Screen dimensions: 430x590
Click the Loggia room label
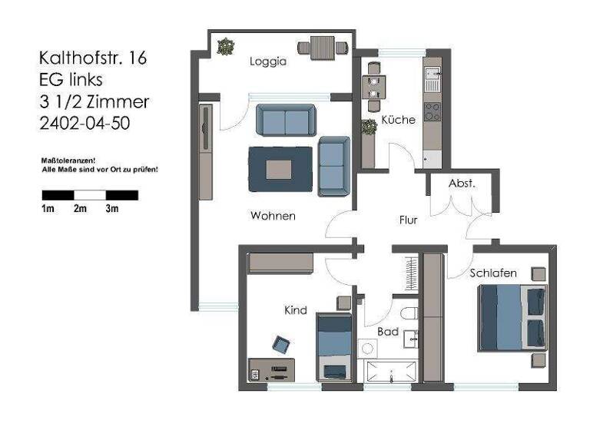pyautogui.click(x=267, y=62)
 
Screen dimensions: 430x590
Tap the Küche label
pyautogui.click(x=398, y=120)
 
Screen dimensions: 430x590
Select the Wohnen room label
pyautogui.click(x=273, y=216)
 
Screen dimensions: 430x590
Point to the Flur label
pyautogui.click(x=408, y=220)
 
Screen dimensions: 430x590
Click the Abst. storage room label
pyautogui.click(x=462, y=184)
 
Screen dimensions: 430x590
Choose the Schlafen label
pyautogui.click(x=492, y=273)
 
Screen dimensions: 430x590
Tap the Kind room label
pyautogui.click(x=296, y=310)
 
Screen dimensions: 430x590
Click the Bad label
pyautogui.click(x=387, y=332)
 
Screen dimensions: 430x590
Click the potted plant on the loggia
pyautogui.click(x=224, y=47)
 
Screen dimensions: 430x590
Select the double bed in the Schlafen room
pyautogui.click(x=511, y=318)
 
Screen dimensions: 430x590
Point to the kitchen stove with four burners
pyautogui.click(x=433, y=111)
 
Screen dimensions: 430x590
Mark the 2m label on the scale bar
pyautogui.click(x=79, y=209)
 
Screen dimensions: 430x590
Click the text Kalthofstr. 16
pyautogui.click(x=92, y=58)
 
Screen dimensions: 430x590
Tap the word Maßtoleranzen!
pyautogui.click(x=67, y=160)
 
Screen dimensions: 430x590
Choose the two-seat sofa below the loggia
pyautogui.click(x=285, y=121)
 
